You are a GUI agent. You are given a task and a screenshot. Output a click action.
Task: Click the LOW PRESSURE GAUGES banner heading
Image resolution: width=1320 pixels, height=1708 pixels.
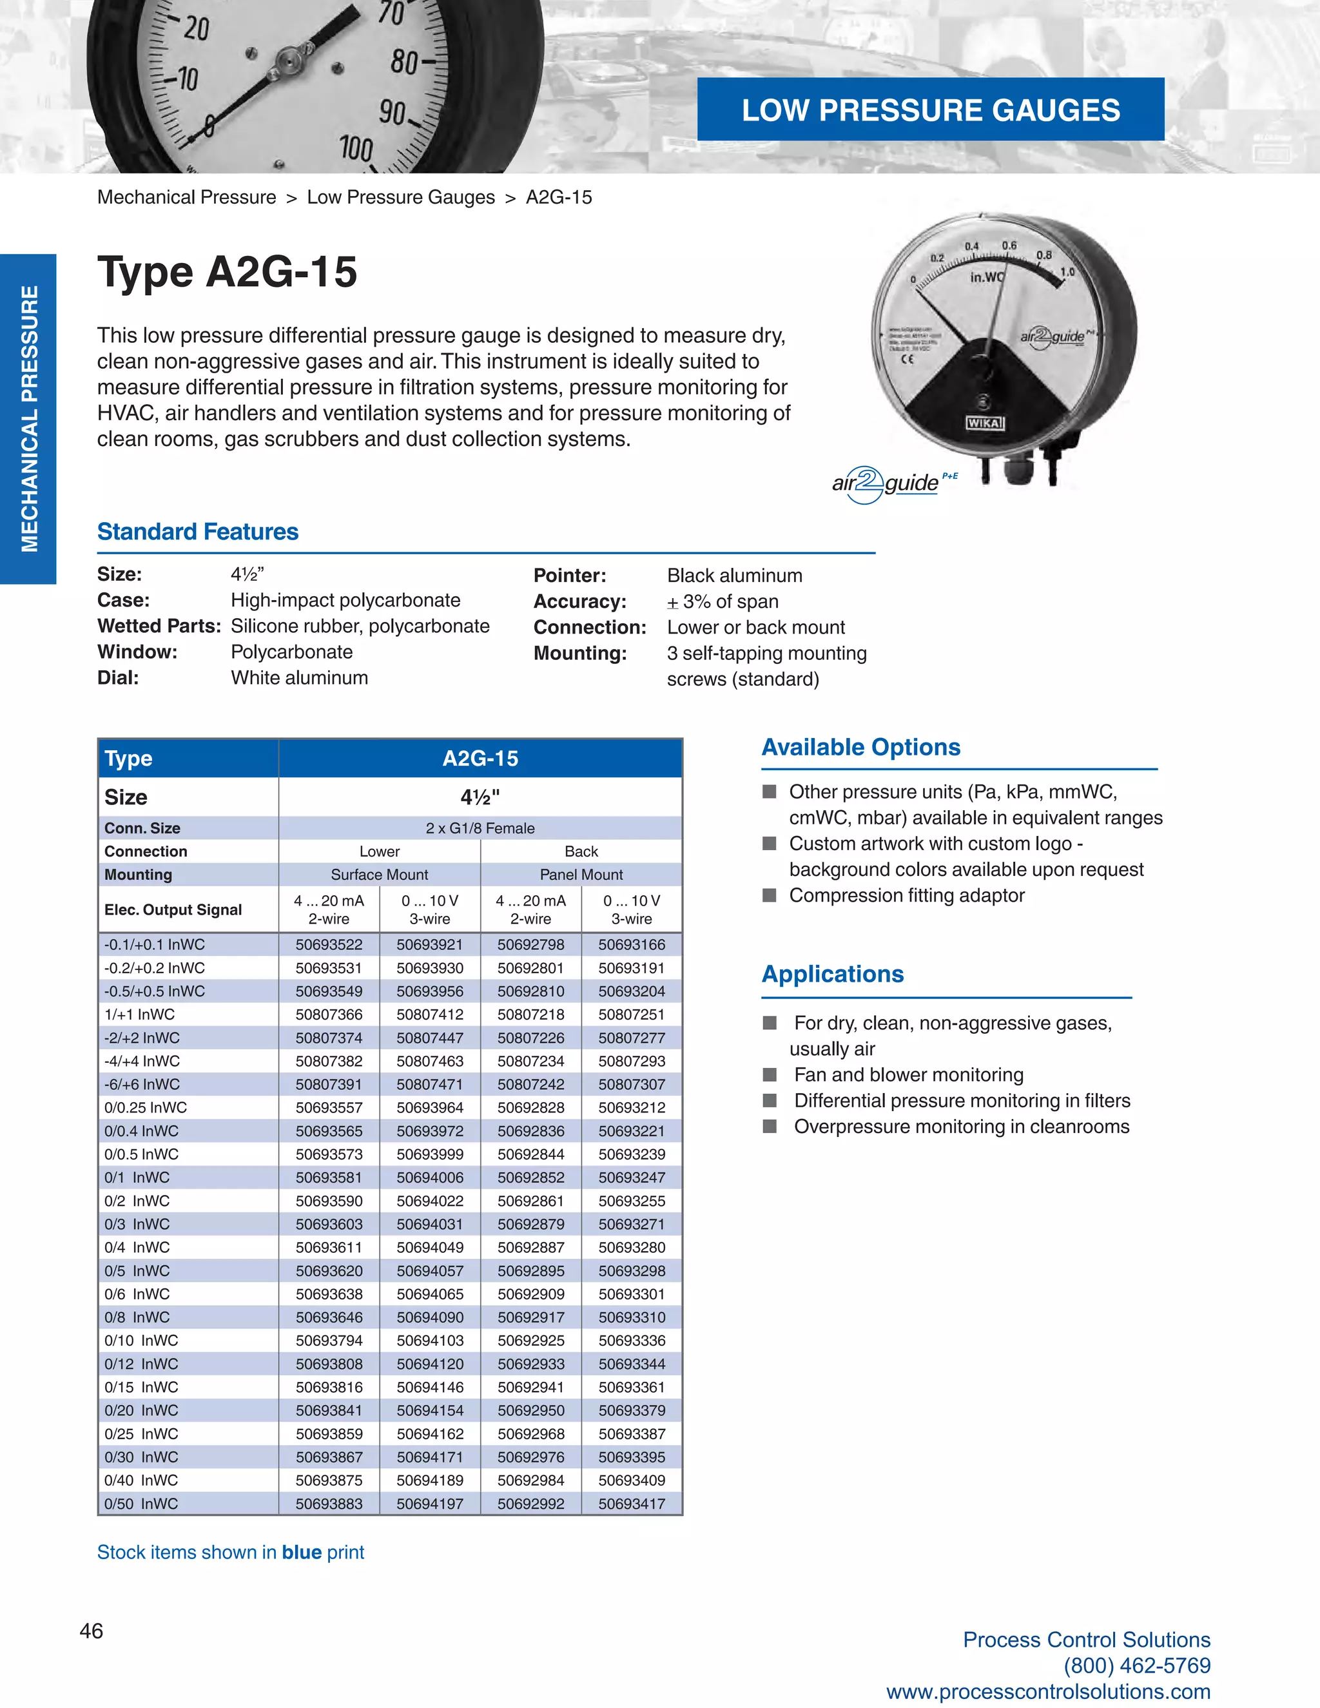click(930, 110)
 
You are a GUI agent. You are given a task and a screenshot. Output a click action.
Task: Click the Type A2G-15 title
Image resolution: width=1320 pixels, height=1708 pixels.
click(228, 272)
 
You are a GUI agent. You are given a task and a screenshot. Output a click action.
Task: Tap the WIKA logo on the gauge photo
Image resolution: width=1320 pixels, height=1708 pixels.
click(984, 423)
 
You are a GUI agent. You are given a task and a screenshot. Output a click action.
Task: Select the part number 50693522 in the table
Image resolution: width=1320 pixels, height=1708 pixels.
click(329, 945)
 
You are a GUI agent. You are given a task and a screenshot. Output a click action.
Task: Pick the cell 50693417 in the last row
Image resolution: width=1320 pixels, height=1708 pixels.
click(631, 1503)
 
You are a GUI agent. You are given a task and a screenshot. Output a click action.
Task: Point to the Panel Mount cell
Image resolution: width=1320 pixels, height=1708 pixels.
click(581, 875)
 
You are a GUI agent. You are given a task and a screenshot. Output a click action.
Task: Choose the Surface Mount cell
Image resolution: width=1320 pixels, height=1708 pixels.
click(379, 875)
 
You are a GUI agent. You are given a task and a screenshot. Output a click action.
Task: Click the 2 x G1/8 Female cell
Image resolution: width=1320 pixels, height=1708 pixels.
click(480, 828)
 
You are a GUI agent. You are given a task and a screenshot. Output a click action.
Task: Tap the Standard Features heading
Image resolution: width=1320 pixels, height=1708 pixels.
click(198, 532)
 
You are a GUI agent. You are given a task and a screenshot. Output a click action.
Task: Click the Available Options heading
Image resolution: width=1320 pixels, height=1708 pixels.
click(861, 747)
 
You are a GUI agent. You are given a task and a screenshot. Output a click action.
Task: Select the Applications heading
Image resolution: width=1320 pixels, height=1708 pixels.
click(833, 974)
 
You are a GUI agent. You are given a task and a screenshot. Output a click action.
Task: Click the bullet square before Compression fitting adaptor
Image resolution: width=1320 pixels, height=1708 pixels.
click(770, 895)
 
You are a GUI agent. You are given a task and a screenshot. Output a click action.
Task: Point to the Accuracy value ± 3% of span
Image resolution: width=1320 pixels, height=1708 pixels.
click(723, 601)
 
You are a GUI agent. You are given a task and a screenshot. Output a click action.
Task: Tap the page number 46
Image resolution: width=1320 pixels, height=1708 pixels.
click(92, 1631)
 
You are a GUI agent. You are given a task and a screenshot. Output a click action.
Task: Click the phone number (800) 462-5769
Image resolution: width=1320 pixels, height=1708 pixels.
click(1137, 1665)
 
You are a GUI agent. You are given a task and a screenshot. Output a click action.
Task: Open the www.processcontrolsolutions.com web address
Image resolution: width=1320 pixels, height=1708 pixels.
click(1048, 1692)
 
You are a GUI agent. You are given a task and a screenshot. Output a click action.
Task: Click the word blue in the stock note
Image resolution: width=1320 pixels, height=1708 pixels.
click(302, 1553)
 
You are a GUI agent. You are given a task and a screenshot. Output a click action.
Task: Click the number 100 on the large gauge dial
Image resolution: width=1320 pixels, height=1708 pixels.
click(356, 147)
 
